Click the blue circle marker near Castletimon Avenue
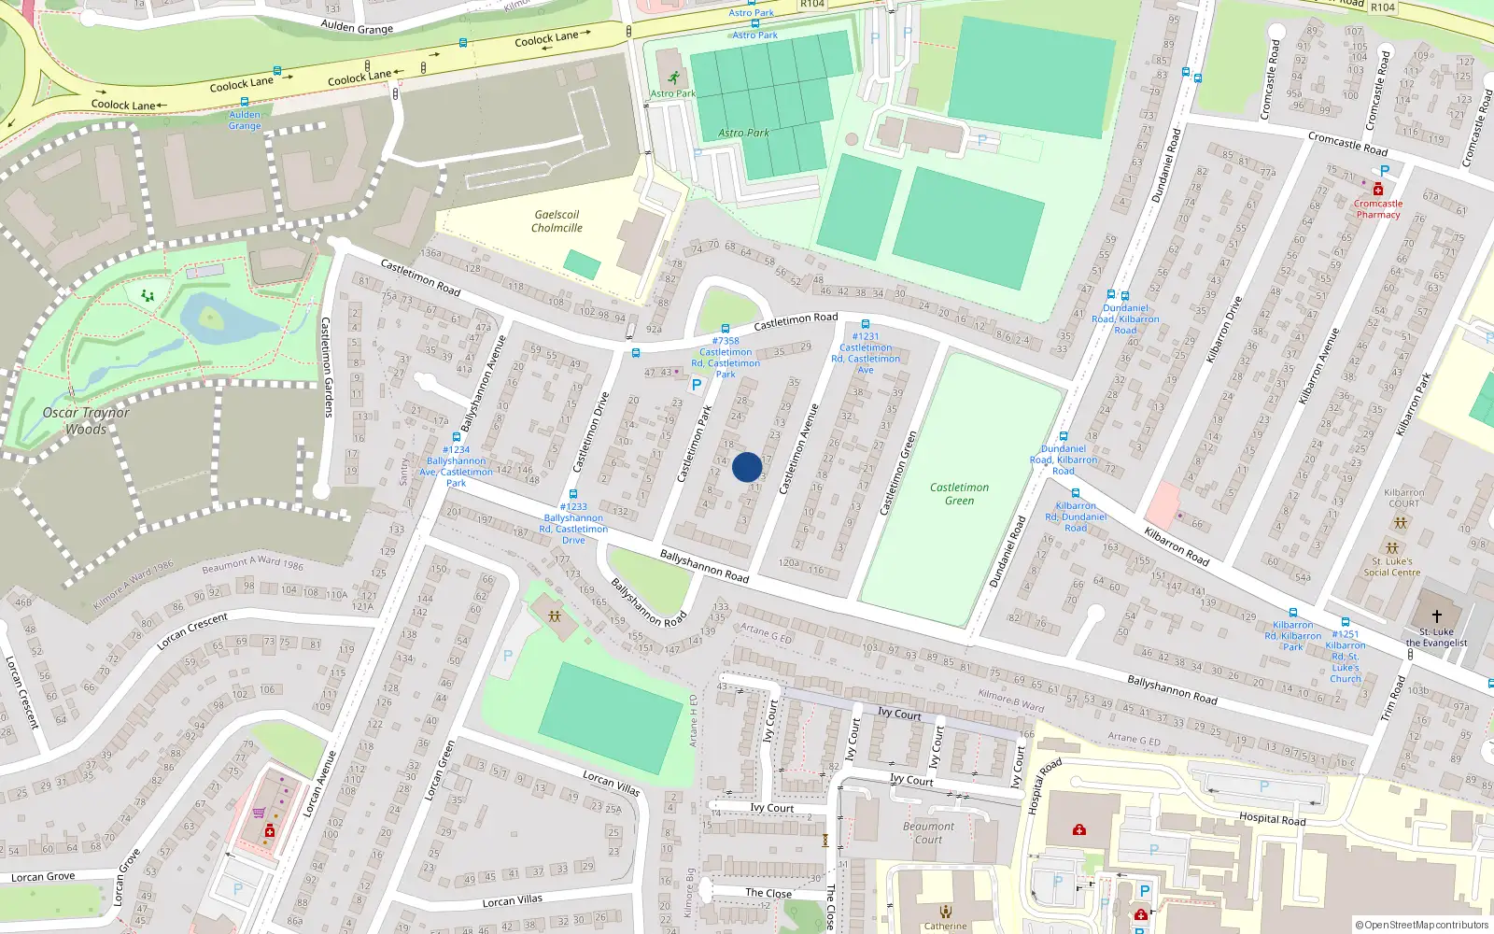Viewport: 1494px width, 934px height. (x=747, y=467)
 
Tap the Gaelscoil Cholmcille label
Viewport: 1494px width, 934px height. (x=557, y=221)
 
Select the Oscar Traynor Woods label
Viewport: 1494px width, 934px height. (x=86, y=421)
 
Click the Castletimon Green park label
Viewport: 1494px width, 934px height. (x=959, y=493)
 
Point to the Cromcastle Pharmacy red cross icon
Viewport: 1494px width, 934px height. (x=1377, y=190)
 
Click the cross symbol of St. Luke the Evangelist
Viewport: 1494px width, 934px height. (x=1436, y=616)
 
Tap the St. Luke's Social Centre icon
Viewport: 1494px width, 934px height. (x=1392, y=548)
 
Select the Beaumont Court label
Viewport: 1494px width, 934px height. (x=928, y=833)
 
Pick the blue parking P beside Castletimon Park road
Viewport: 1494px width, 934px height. (x=696, y=385)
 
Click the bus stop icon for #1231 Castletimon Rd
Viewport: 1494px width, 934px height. (x=866, y=324)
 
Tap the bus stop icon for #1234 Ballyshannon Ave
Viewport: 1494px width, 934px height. (x=457, y=437)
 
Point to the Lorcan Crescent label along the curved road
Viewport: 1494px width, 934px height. (x=192, y=631)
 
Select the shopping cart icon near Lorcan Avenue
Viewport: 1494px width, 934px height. (x=259, y=813)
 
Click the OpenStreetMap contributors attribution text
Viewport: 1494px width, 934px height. (x=1421, y=926)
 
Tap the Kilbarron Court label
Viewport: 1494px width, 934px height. (x=1403, y=498)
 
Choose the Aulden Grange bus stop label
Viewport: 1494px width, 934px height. (x=245, y=120)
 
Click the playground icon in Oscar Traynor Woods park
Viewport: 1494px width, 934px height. (x=148, y=295)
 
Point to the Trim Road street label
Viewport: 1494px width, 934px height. (x=1392, y=698)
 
